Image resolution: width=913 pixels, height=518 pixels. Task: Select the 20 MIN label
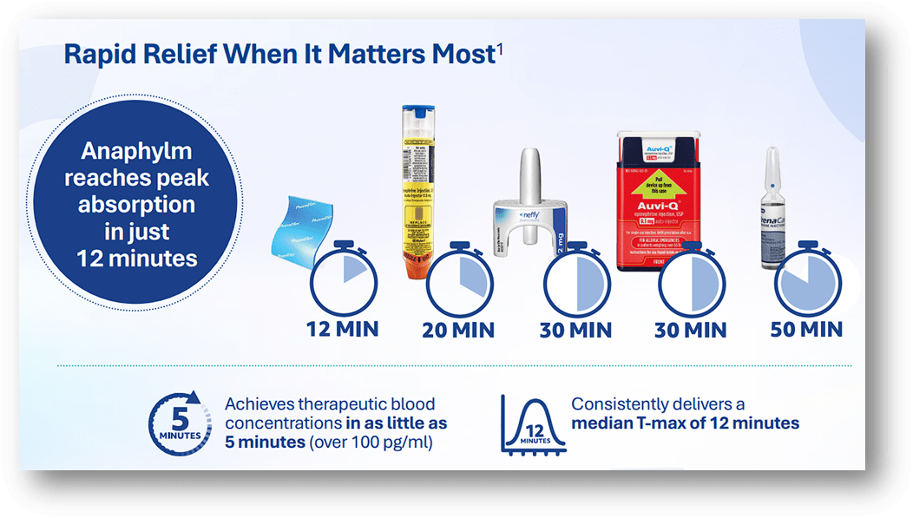coord(458,330)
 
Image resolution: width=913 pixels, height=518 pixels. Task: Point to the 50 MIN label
coord(806,329)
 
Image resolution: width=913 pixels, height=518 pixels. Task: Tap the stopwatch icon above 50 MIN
coord(805,279)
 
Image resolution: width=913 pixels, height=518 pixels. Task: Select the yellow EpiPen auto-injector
coord(418,191)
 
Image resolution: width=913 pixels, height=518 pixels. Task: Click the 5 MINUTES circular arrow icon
coord(181,424)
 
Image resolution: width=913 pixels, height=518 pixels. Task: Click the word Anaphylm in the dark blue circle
coord(136,151)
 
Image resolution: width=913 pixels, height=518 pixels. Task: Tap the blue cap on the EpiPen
coord(417,114)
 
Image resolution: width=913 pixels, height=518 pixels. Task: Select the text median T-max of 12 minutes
coord(686,423)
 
